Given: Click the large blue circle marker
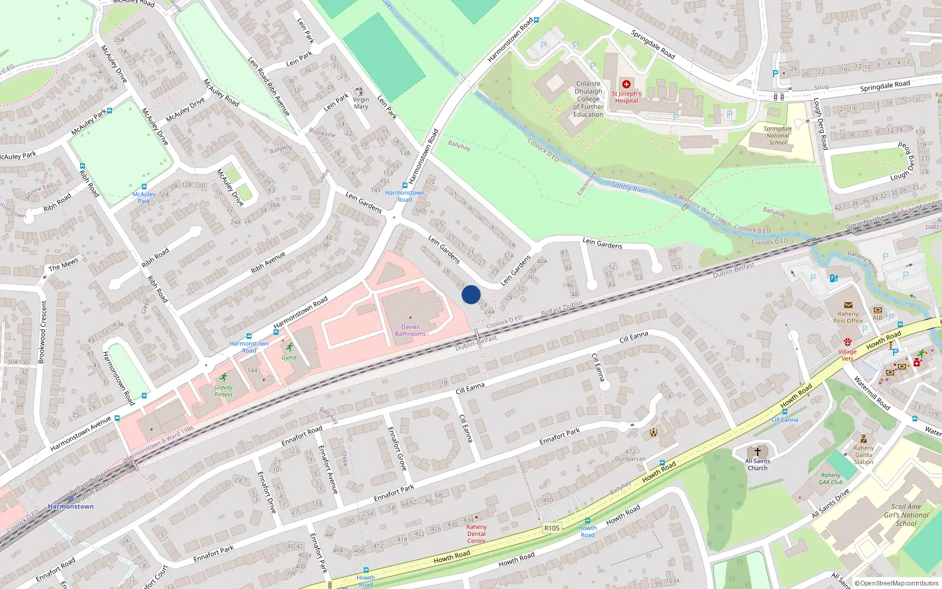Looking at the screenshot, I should tap(471, 294).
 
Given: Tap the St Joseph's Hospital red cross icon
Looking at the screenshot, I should tap(626, 84).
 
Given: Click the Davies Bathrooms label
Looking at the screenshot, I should tap(410, 330).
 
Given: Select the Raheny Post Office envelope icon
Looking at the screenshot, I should tap(848, 305).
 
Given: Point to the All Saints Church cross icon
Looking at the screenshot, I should tap(758, 451).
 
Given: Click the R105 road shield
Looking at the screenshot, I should tap(552, 528).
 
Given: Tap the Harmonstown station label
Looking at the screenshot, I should tap(71, 507).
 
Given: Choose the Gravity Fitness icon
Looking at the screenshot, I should tap(223, 377).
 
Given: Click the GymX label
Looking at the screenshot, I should tap(289, 358).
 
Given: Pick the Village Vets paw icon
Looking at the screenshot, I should tap(847, 342).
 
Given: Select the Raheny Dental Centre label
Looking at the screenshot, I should tap(476, 534).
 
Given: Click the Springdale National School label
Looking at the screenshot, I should tap(778, 135).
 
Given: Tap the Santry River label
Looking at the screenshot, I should tap(629, 187).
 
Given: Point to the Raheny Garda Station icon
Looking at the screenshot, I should tap(863, 439).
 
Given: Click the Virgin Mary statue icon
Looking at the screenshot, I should tap(360, 91).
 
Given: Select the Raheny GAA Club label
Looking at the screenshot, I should tap(831, 478).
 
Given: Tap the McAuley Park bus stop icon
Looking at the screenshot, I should tap(144, 187).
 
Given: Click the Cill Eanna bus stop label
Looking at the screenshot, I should tap(785, 419).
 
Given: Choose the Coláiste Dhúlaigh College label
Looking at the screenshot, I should tap(588, 99).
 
